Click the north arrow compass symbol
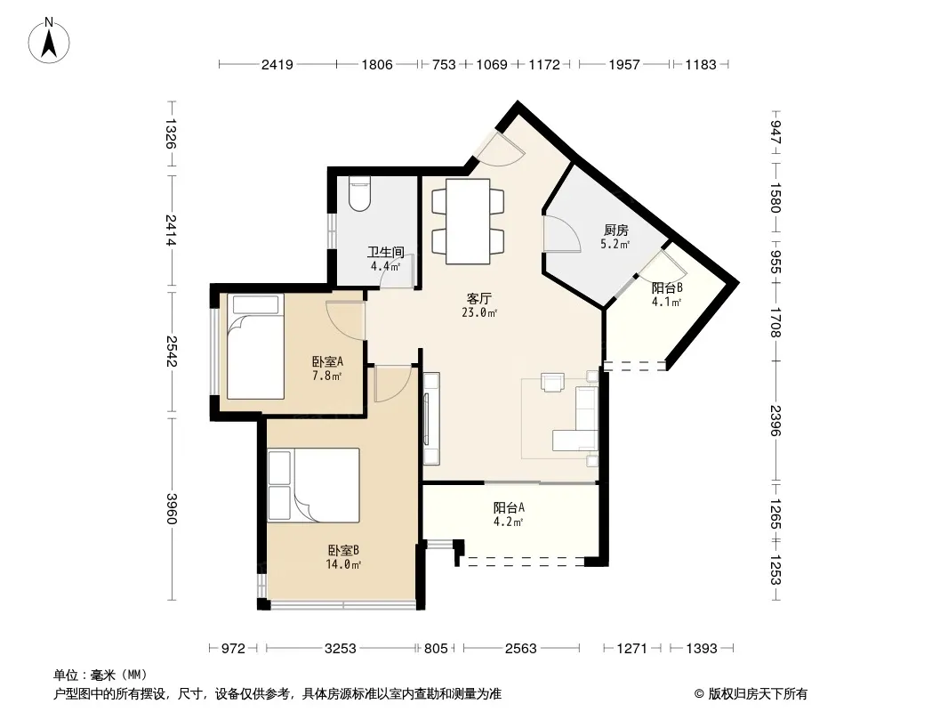point(49,41)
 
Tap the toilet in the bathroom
point(360,194)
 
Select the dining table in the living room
point(468,221)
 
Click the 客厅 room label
point(478,299)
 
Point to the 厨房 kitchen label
point(615,230)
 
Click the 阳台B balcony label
point(667,288)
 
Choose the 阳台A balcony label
point(509,507)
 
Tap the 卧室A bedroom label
point(327,361)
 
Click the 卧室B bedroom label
point(343,551)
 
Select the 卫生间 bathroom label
point(386,252)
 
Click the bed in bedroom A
point(256,346)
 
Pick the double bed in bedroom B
point(314,485)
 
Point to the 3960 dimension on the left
point(172,509)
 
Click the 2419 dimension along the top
point(277,64)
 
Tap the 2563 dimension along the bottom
point(520,649)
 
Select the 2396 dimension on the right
point(776,420)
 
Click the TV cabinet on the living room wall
point(431,418)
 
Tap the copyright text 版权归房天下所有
point(758,694)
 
